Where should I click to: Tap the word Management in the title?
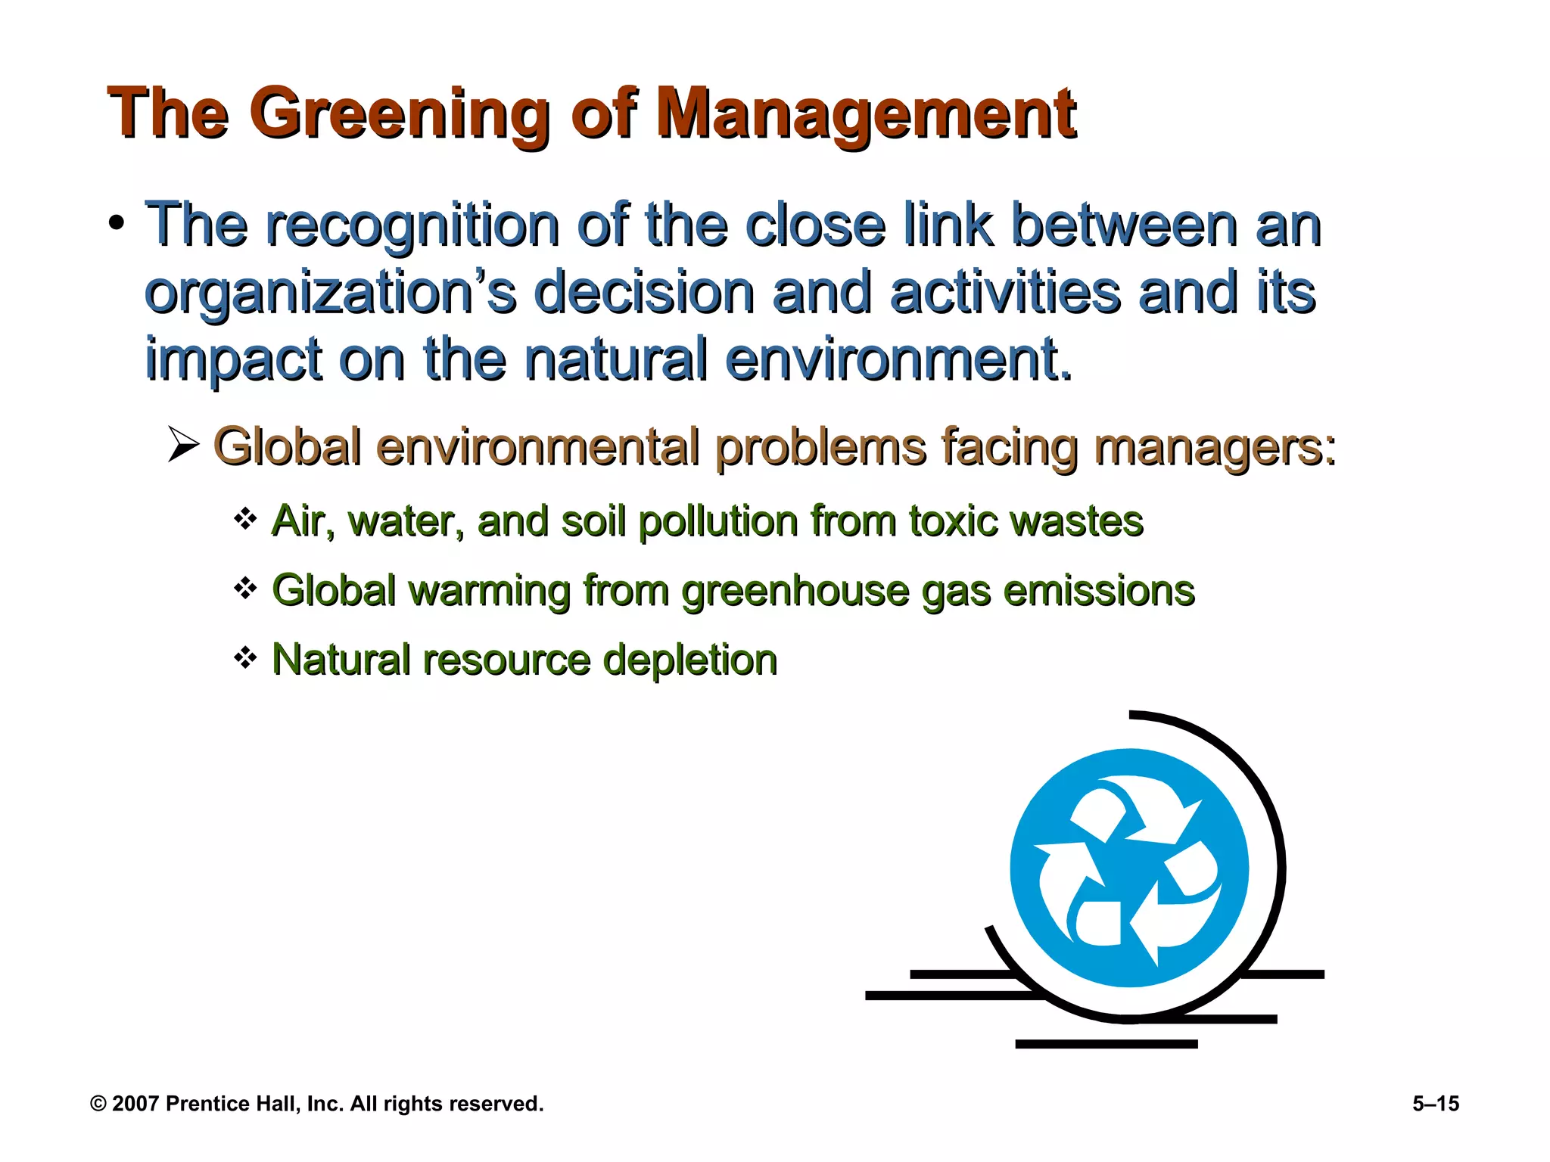point(866,115)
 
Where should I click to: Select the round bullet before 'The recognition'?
point(116,223)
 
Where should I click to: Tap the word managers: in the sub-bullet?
point(1215,448)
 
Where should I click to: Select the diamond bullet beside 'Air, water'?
point(245,519)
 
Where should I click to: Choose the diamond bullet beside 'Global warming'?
point(245,588)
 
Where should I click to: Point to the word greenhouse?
point(795,592)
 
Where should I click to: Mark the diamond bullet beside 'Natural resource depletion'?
point(245,657)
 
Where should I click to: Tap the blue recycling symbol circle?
point(1128,867)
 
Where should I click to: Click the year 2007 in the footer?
point(135,1104)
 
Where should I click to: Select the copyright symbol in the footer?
point(98,1104)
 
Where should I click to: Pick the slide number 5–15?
point(1435,1104)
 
